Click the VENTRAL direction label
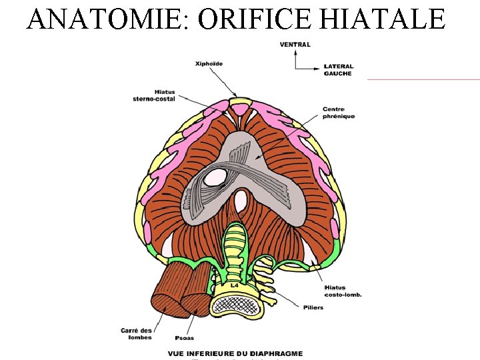tap(295, 45)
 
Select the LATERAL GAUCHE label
tap(339, 69)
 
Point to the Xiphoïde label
tap(209, 64)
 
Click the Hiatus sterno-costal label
tap(155, 95)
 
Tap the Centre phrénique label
tap(339, 113)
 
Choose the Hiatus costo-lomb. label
tap(343, 291)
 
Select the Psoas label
tap(184, 337)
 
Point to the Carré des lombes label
tap(136, 333)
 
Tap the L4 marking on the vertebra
tap(234, 285)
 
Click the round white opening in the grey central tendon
tap(215, 177)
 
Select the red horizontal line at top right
tap(423, 79)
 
